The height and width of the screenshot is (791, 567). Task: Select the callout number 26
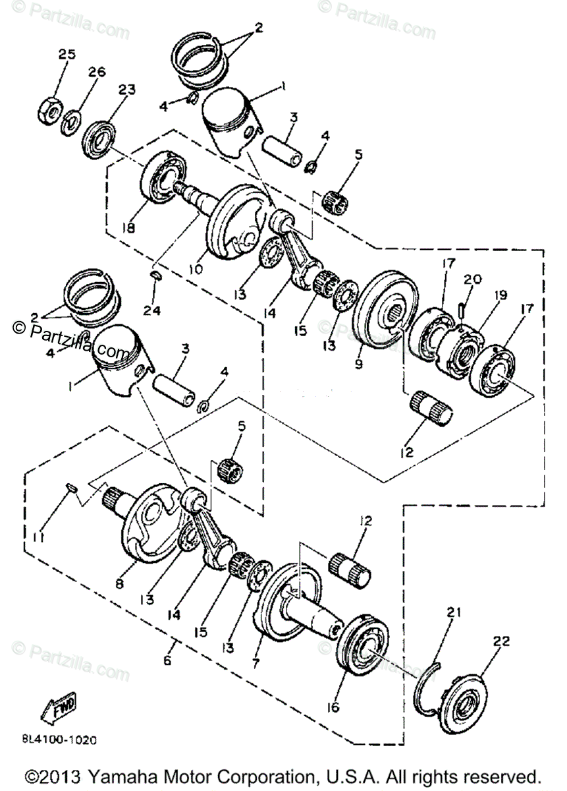point(97,73)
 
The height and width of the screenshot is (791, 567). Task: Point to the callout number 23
point(126,90)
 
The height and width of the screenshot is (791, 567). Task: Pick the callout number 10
point(196,269)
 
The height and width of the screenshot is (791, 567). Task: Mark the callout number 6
point(167,660)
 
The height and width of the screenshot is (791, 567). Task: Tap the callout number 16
point(332,707)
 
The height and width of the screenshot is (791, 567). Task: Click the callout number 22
point(502,641)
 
